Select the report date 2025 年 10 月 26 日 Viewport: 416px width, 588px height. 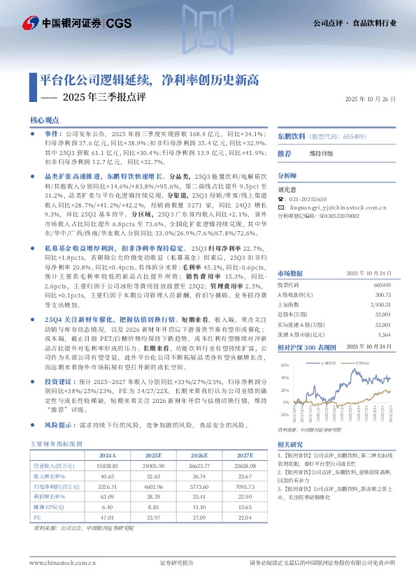coord(370,100)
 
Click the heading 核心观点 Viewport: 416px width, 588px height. coord(44,120)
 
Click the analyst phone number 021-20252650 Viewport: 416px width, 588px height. coord(310,198)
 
